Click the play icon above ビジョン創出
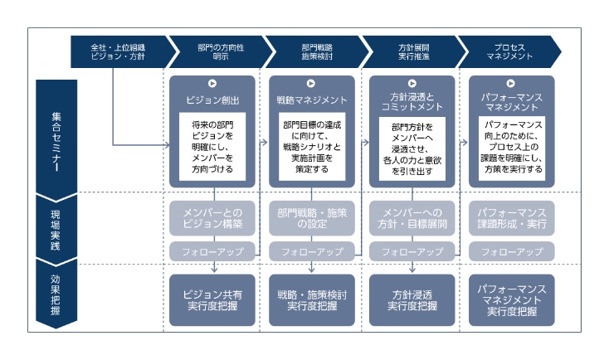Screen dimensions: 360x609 click(x=212, y=83)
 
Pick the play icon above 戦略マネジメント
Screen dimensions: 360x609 click(x=312, y=83)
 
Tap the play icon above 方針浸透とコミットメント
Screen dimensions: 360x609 click(x=412, y=83)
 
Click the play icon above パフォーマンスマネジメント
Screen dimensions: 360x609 click(x=512, y=83)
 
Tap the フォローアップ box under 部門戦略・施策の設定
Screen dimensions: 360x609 click(x=312, y=251)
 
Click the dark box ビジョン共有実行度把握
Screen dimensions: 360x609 click(x=212, y=299)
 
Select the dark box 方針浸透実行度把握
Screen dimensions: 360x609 click(x=412, y=299)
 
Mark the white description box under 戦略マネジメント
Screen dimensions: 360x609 click(x=312, y=146)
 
